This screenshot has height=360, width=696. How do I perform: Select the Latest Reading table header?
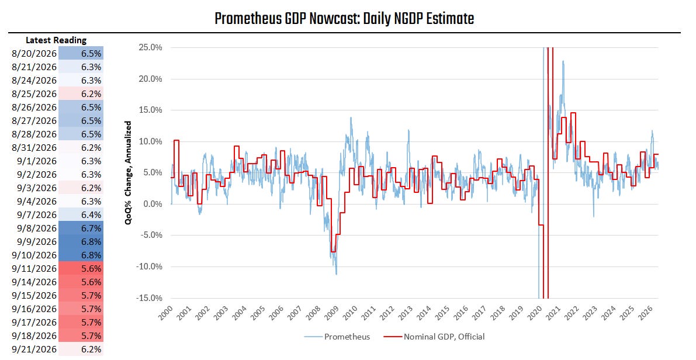pyautogui.click(x=56, y=40)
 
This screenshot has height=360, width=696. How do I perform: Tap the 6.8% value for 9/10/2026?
pyautogui.click(x=91, y=255)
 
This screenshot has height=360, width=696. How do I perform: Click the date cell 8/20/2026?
pyautogui.click(x=34, y=54)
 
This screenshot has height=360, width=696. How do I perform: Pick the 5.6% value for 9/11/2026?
pyautogui.click(x=91, y=269)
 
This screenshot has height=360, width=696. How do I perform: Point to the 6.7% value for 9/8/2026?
pyautogui.click(x=91, y=228)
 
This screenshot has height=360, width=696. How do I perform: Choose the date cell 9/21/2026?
pyautogui.click(x=34, y=349)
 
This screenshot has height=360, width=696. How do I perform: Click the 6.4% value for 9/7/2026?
pyautogui.click(x=91, y=215)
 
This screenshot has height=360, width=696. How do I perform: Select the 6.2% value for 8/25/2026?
pyautogui.click(x=91, y=94)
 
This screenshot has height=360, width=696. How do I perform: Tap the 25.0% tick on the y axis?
pyautogui.click(x=150, y=47)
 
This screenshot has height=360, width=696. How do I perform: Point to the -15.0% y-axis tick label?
pyautogui.click(x=148, y=298)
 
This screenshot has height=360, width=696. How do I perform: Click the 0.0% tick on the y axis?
pyautogui.click(x=153, y=204)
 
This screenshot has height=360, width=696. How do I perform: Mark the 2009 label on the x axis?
pyautogui.click(x=331, y=313)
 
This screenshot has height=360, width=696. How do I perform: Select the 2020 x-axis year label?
pyautogui.click(x=535, y=313)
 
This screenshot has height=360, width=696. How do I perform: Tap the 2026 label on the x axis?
pyautogui.click(x=646, y=313)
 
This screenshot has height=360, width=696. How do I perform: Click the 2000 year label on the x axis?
pyautogui.click(x=165, y=313)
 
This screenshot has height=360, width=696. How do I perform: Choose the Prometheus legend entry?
pyautogui.click(x=337, y=337)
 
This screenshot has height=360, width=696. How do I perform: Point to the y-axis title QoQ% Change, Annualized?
pyautogui.click(x=129, y=172)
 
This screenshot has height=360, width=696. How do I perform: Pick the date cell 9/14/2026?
pyautogui.click(x=34, y=282)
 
